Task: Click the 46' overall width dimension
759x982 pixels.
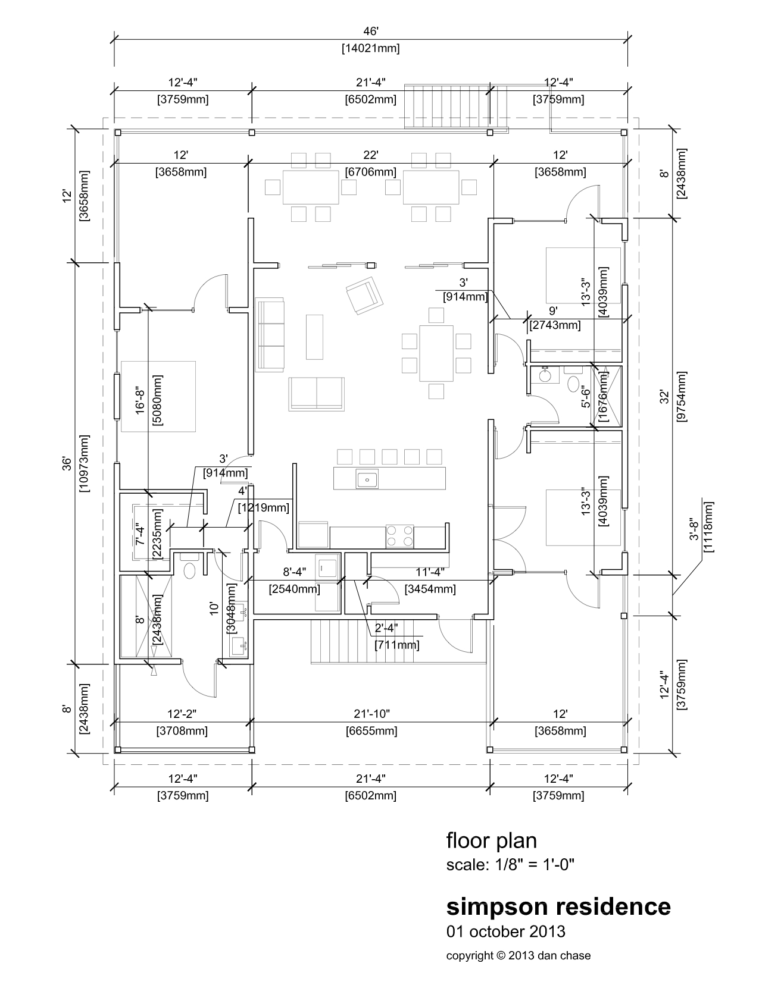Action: point(370,31)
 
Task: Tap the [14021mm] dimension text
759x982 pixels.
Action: point(370,49)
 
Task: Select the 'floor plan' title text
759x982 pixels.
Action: point(491,841)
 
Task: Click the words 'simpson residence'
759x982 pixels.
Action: point(558,906)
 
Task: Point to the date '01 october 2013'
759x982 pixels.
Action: point(505,931)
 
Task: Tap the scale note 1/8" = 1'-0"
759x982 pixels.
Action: point(510,864)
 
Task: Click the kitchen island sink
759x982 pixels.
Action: point(367,478)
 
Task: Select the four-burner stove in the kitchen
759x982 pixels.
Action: point(400,535)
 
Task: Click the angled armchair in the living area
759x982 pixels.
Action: point(363,294)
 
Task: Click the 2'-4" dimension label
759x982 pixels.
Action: point(386,627)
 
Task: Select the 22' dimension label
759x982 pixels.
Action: point(370,155)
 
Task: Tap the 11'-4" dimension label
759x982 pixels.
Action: point(429,572)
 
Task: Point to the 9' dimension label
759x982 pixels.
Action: point(553,310)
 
